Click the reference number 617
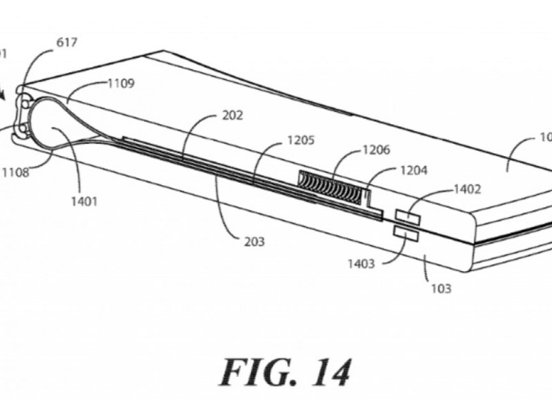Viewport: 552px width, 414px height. pyautogui.click(x=67, y=42)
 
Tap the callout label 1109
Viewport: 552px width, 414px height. pyautogui.click(x=121, y=83)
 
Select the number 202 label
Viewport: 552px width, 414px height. pyautogui.click(x=232, y=116)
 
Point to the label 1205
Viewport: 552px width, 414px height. pyautogui.click(x=301, y=140)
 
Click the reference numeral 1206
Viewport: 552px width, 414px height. pyautogui.click(x=376, y=150)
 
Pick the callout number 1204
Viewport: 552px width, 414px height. pyautogui.click(x=414, y=170)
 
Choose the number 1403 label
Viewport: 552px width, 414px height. pyautogui.click(x=361, y=264)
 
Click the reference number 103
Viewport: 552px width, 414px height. pyautogui.click(x=441, y=288)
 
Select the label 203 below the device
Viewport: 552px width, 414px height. pyautogui.click(x=254, y=241)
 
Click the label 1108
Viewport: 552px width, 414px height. pyautogui.click(x=15, y=173)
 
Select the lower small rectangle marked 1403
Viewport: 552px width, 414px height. pyautogui.click(x=407, y=233)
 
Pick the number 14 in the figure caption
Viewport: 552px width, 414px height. pyautogui.click(x=331, y=372)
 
